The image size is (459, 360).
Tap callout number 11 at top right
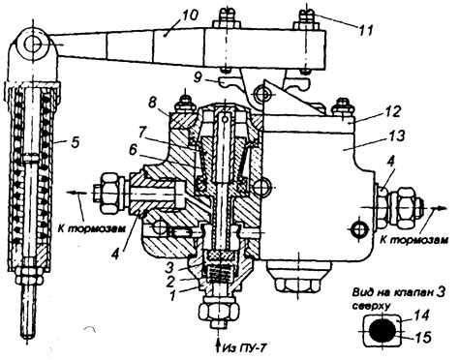point(366,30)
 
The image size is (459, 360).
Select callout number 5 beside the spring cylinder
point(75,142)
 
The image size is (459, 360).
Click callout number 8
point(154,105)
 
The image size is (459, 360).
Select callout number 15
point(422,338)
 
